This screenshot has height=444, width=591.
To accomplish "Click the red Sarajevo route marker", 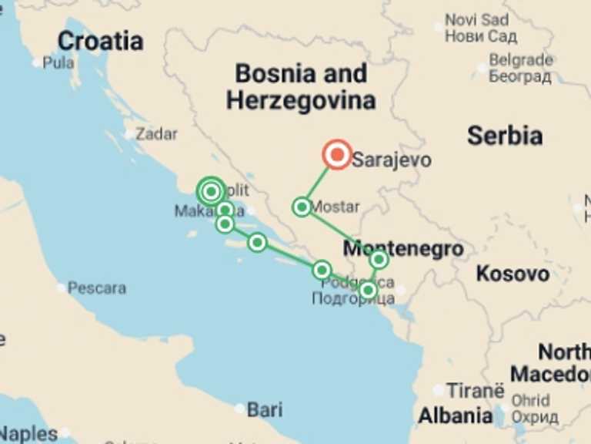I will click(337, 155).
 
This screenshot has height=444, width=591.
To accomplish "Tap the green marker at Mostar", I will click(302, 207).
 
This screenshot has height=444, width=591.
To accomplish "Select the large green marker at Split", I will click(211, 191).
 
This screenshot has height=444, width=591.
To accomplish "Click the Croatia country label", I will click(100, 40).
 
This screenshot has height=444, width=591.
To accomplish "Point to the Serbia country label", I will click(504, 136).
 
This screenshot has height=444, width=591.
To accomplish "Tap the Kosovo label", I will click(513, 273).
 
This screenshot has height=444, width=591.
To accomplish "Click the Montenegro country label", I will click(403, 249).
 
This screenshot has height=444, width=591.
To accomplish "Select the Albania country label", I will click(456, 416).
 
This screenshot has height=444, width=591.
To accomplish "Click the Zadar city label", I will click(156, 133).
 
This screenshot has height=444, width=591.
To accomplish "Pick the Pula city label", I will click(58, 63).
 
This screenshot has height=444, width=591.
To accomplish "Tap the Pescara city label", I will click(96, 288).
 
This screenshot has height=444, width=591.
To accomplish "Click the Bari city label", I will click(265, 409).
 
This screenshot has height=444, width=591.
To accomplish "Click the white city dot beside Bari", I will click(240, 409).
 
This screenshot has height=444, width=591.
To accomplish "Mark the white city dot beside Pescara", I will click(61, 288).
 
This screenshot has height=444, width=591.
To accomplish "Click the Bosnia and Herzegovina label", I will click(300, 86).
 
